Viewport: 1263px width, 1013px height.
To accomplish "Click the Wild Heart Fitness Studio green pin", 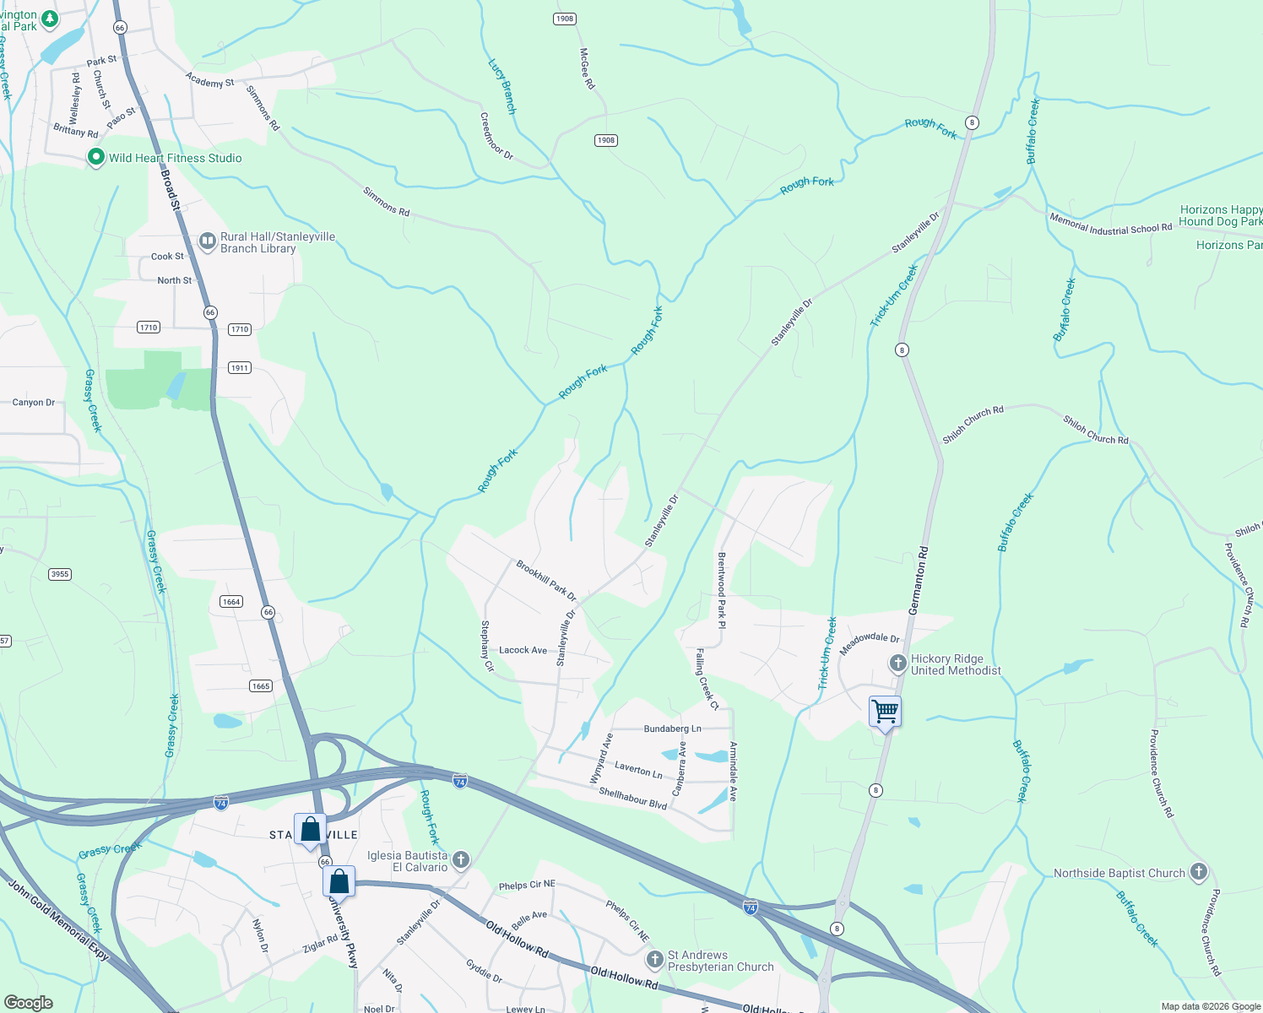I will click(96, 157).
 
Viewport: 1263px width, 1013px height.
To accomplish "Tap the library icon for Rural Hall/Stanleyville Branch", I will click(207, 242).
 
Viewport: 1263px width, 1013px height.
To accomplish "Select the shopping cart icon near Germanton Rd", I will click(885, 712).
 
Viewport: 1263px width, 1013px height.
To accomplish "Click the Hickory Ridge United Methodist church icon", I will click(897, 664).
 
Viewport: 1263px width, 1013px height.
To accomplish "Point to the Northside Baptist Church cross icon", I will click(1198, 872).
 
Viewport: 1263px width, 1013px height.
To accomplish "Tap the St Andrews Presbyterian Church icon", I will click(654, 960).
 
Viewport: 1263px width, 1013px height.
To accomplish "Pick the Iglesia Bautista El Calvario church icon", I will click(460, 860).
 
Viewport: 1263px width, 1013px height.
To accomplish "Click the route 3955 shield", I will click(60, 574).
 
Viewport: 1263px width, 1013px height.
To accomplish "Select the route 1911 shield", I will click(240, 367).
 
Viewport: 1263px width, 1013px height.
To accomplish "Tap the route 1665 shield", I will click(261, 685).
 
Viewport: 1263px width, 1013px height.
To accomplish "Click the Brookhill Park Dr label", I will click(546, 581).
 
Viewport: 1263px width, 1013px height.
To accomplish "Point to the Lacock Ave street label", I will click(523, 650).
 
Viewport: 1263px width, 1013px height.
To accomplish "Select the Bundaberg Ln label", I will click(672, 729).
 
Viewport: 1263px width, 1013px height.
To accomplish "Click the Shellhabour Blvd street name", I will click(632, 798).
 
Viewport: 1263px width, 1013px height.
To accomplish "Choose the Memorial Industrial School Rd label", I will click(1110, 224).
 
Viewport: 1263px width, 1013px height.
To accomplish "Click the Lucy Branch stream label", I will click(501, 86).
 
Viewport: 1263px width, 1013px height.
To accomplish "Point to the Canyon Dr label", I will click(34, 403).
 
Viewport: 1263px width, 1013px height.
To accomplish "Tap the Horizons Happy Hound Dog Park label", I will click(1220, 215).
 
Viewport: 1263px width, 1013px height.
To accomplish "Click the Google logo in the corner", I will click(29, 1003).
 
